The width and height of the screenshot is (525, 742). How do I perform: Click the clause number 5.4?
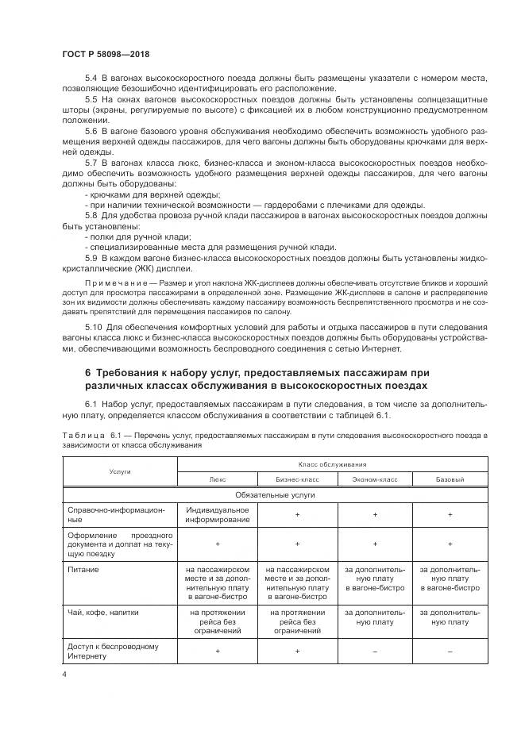click(91, 77)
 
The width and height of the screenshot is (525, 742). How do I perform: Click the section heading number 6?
click(88, 373)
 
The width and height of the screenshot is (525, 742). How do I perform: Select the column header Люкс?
click(218, 479)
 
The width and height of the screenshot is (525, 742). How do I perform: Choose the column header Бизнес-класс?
click(297, 479)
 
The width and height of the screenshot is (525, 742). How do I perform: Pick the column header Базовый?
click(450, 479)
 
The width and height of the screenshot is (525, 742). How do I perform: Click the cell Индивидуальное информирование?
click(218, 514)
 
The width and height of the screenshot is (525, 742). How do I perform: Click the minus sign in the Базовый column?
click(450, 651)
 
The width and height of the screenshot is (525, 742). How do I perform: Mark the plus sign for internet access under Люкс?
click(218, 651)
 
